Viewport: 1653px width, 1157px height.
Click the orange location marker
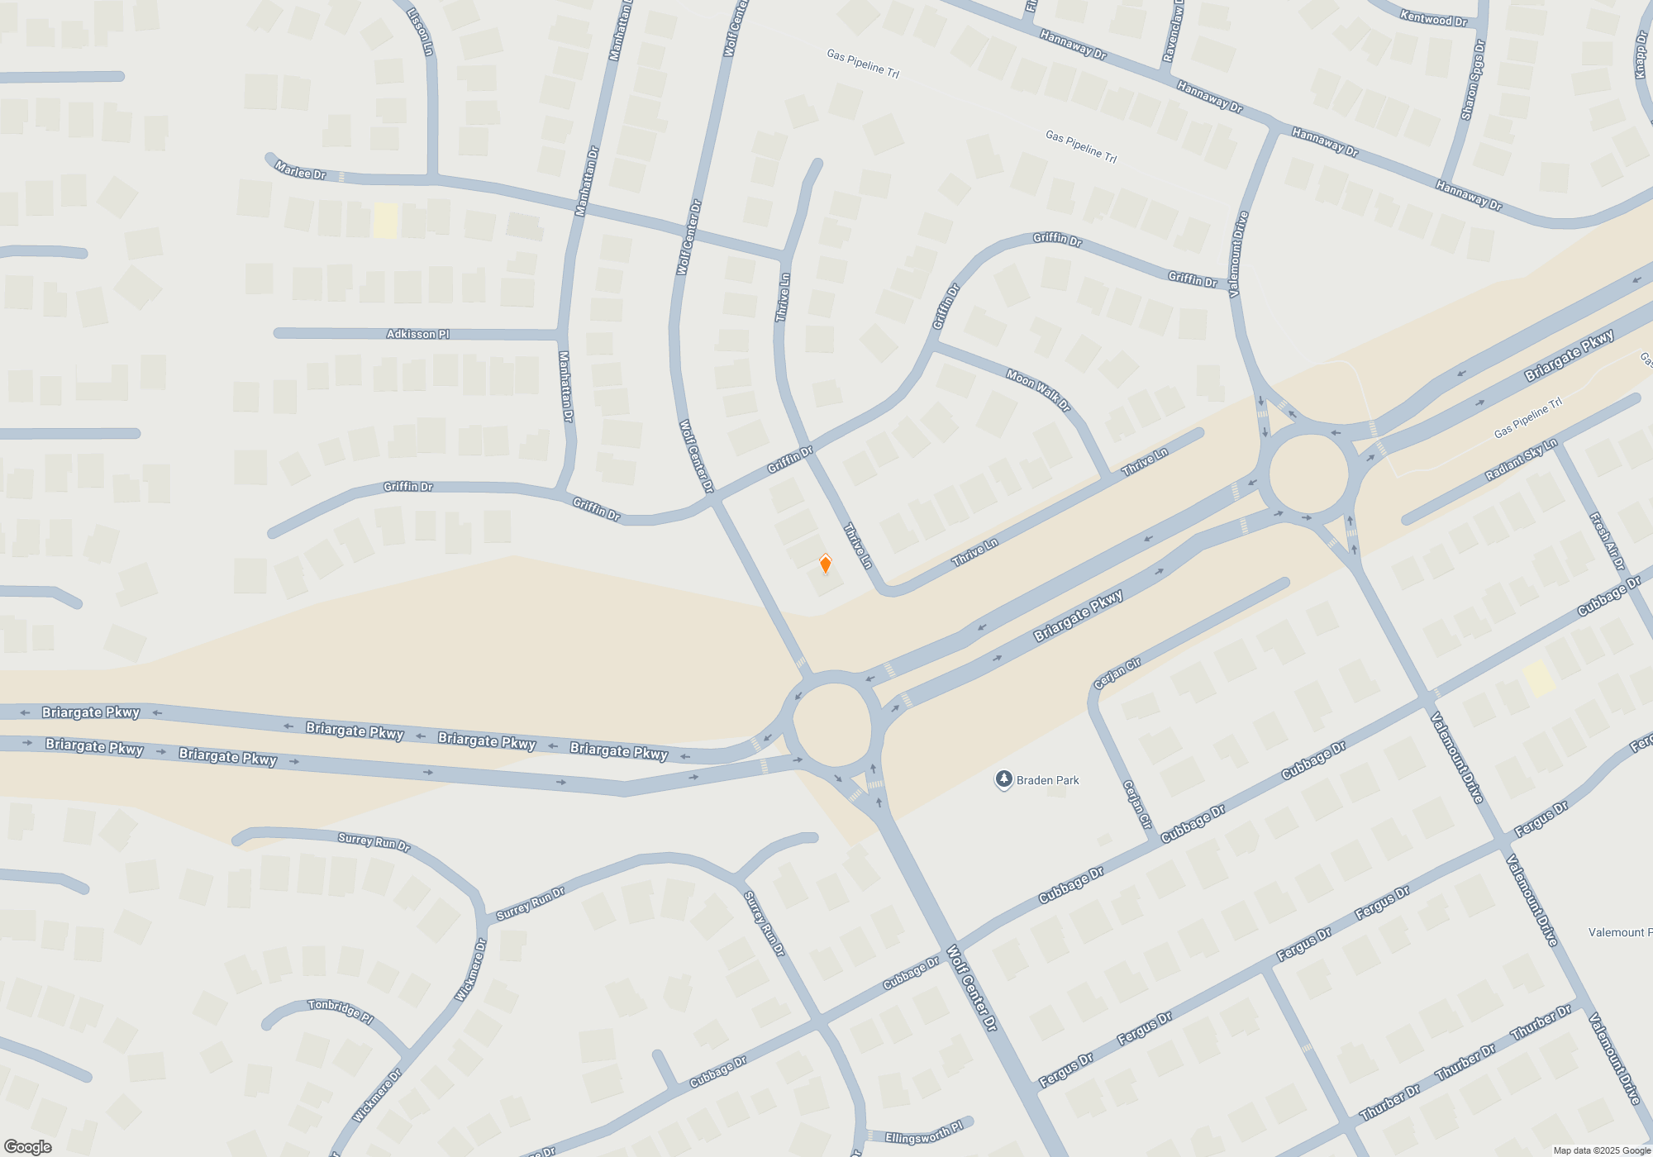825,564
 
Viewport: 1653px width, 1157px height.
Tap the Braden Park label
1047,780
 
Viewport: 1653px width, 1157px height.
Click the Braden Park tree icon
1003,779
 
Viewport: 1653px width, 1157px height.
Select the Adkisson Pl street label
417,334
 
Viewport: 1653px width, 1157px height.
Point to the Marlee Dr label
300,171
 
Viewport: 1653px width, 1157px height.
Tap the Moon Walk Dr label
1038,389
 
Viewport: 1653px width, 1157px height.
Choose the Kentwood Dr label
1433,17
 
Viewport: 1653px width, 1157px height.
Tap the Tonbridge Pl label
341,1010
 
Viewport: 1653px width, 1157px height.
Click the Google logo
28,1147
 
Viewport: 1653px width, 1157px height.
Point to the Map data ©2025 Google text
1601,1150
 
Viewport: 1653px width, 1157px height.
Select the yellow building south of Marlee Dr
385,221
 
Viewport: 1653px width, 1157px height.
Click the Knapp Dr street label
1642,55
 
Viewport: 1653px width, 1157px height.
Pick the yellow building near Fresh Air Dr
1539,678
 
